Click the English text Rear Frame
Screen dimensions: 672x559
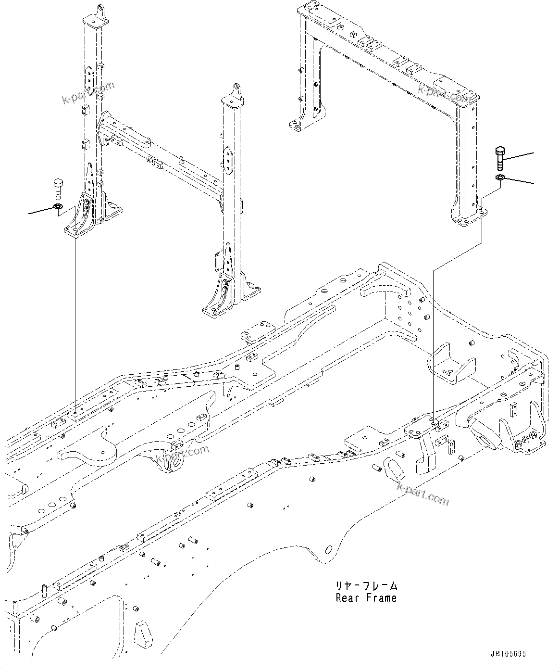pyautogui.click(x=366, y=598)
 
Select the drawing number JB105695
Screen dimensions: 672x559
pyautogui.click(x=509, y=654)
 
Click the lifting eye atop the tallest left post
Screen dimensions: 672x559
pyautogui.click(x=100, y=11)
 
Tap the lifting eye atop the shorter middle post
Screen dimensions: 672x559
pyautogui.click(x=237, y=89)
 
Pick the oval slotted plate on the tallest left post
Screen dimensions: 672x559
pyautogui.click(x=89, y=77)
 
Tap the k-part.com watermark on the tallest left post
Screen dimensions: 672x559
pyautogui.click(x=88, y=92)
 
